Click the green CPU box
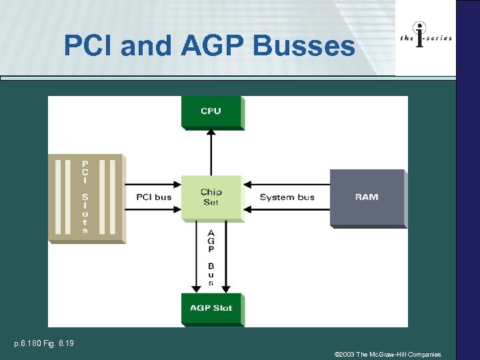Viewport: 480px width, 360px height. [211, 111]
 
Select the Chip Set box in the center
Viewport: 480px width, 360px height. [211, 197]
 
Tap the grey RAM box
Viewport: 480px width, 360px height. [367, 197]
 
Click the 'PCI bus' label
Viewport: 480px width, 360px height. [153, 197]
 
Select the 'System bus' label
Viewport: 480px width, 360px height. [287, 197]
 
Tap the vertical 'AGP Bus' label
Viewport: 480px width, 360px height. [211, 257]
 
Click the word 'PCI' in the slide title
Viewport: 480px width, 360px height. [85, 46]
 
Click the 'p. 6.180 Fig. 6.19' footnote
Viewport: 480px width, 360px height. [44, 344]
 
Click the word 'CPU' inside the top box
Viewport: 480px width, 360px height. [211, 111]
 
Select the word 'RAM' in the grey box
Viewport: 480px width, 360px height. [367, 197]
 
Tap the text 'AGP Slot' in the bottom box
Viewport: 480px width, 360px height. [211, 307]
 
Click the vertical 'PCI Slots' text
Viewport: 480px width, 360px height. [85, 197]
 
